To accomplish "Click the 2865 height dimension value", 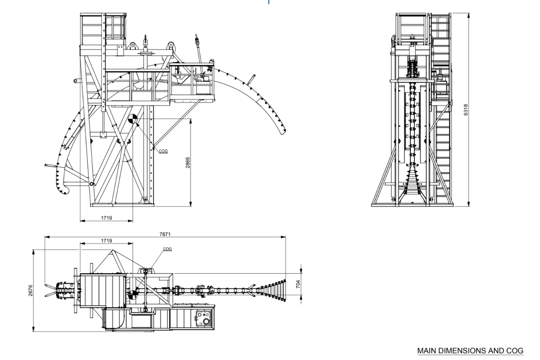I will (x=188, y=162).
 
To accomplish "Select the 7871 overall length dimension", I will (x=165, y=234).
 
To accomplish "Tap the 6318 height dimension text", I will (x=466, y=110).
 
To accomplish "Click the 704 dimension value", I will (x=297, y=283).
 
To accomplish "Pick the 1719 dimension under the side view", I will (x=106, y=218).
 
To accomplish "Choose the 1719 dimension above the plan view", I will (x=106, y=241).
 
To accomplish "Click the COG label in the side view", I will (x=163, y=151).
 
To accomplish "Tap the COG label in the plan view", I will (x=167, y=249).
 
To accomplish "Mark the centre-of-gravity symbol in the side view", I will (x=132, y=119).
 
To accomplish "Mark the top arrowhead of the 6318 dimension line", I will (x=469, y=15).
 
